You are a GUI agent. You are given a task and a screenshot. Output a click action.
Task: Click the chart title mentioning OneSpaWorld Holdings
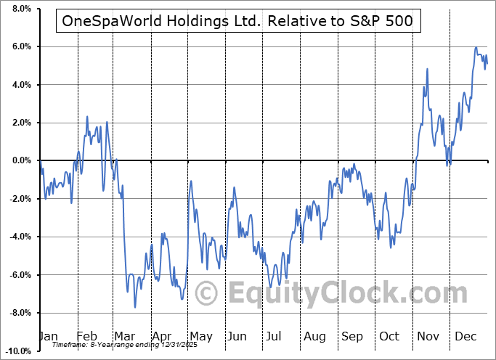point(237,21)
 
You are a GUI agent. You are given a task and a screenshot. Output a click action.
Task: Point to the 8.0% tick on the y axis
point(20,9)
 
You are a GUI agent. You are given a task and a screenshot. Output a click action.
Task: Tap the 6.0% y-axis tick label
point(20,47)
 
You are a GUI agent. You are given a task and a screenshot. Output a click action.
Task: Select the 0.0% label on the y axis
point(20,161)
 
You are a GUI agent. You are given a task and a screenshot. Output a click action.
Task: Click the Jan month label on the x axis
point(48,336)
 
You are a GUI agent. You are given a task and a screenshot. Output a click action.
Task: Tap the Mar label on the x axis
point(123,336)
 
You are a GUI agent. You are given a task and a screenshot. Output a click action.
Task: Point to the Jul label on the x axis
point(274,336)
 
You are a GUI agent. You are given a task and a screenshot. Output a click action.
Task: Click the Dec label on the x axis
point(465,336)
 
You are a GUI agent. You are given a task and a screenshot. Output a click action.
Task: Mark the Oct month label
point(389,336)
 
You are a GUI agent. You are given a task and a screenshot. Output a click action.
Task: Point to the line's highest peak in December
point(476,48)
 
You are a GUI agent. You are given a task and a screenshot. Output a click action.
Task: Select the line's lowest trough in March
point(135,307)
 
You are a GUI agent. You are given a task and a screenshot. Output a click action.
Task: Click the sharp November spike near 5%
point(427,69)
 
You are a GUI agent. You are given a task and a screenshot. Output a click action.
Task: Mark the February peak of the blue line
point(87,116)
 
